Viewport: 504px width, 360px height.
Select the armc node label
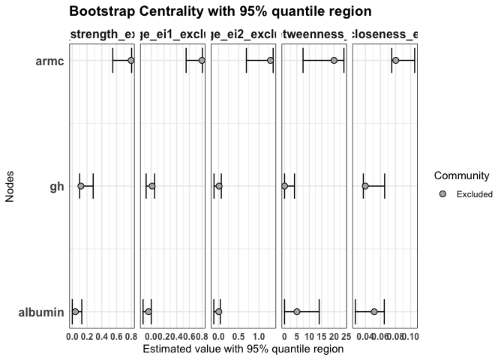point(49,61)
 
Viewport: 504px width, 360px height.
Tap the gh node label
point(56,186)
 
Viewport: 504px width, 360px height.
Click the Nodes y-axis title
point(10,186)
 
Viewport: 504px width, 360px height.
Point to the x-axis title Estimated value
point(242,349)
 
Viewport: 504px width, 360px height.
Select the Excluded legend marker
point(442,194)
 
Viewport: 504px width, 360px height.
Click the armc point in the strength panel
point(130,61)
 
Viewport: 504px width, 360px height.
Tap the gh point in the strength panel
point(81,186)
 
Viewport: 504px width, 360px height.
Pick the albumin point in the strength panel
point(75,311)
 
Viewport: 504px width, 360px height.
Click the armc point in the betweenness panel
point(334,61)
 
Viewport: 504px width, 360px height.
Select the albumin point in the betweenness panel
point(297,311)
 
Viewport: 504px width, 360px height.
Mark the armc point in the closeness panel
point(395,61)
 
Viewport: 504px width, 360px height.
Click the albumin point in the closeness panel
point(374,311)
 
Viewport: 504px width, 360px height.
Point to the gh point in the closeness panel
point(365,186)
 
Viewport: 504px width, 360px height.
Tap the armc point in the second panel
point(202,61)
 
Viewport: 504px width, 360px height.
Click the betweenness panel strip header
point(314,34)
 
